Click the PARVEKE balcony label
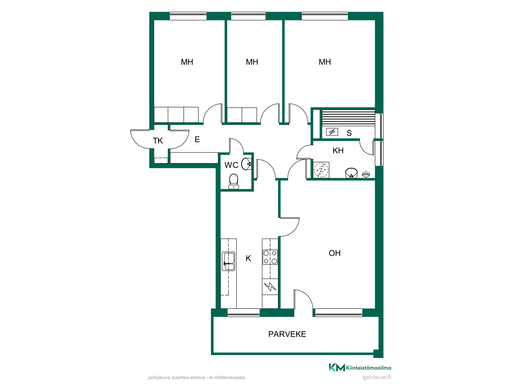tap(287, 334)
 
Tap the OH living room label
tap(335, 253)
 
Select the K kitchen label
tap(248, 258)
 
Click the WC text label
tap(231, 165)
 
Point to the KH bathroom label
tap(338, 151)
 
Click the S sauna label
tap(349, 133)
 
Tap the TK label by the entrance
tap(158, 141)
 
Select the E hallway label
tap(197, 140)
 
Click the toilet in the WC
tap(234, 181)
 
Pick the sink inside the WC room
tap(246, 164)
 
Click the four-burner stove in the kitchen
tap(270, 257)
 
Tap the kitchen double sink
tap(228, 261)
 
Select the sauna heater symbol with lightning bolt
tap(332, 132)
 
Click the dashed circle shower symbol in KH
tap(321, 170)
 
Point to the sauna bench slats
tap(348, 118)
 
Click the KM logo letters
tap(337, 367)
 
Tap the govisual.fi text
tap(377, 377)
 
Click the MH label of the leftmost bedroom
tap(187, 62)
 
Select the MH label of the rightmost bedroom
tap(325, 62)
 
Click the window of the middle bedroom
tap(248, 16)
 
